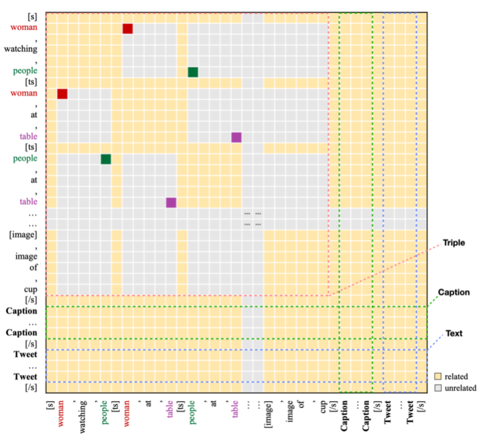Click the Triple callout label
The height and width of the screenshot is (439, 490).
[x=454, y=242]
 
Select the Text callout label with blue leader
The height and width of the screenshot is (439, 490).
[x=454, y=333]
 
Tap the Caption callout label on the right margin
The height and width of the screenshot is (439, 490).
[x=454, y=292]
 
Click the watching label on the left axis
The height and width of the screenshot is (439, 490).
[x=20, y=49]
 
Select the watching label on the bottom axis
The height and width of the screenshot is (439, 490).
[x=84, y=415]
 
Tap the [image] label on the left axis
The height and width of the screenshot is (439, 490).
[x=23, y=234]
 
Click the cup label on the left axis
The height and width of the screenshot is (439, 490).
[x=30, y=289]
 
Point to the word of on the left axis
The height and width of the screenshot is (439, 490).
[x=33, y=268]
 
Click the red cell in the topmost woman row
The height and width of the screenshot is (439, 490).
[x=127, y=29]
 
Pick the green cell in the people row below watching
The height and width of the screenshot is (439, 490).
[x=193, y=72]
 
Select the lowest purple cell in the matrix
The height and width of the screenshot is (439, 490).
[x=171, y=202]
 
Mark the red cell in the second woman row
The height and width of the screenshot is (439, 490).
[x=62, y=94]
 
